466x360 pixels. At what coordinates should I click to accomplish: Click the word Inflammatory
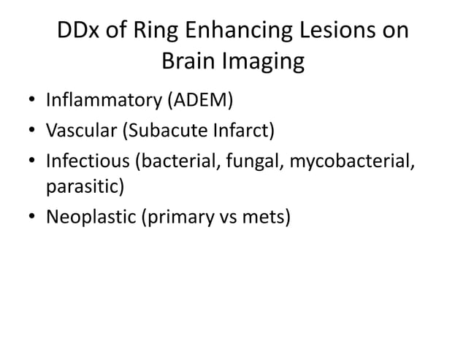point(103,99)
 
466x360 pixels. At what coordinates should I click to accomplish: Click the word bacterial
point(179,164)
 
